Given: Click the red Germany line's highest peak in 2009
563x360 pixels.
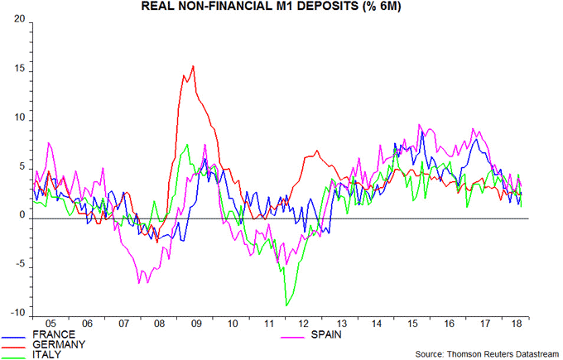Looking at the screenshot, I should [x=193, y=66].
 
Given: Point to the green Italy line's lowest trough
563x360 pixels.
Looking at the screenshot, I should [x=286, y=305].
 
